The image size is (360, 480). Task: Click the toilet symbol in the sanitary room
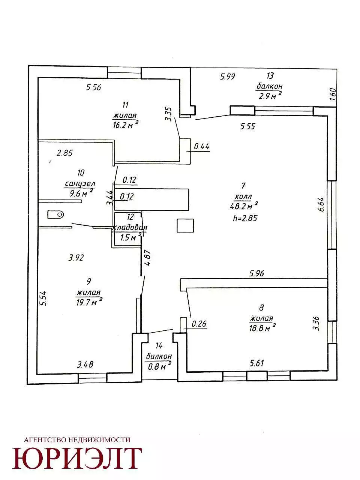pos(55,214)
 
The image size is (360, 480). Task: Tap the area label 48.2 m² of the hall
pos(243,205)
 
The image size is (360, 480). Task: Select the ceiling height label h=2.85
pos(245,218)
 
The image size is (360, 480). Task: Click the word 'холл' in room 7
pos(243,197)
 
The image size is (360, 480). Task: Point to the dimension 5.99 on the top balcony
pos(228,76)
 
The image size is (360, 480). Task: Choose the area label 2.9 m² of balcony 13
pos(270,95)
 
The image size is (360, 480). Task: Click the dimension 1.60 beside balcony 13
pos(332,94)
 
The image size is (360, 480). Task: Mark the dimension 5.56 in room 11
pos(93,87)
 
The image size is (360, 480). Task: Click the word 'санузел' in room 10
pos(80,184)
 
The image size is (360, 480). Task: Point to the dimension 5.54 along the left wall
pos(43,298)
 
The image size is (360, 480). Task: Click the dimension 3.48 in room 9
pos(85,364)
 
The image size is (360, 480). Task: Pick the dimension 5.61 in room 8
pos(257,363)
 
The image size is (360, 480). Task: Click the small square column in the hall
pos(185,226)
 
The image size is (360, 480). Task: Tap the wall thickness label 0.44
pos(202,146)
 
